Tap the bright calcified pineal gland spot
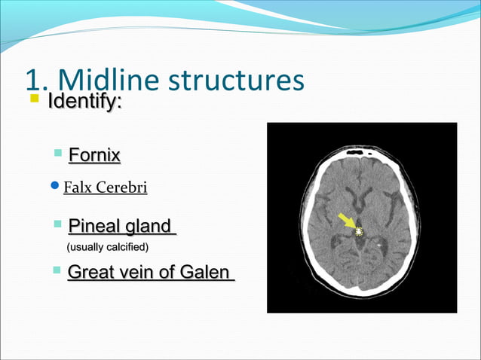(x=359, y=232)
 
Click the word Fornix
(x=94, y=156)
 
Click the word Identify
(x=83, y=100)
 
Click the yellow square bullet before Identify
(x=33, y=99)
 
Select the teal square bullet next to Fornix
(x=59, y=154)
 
